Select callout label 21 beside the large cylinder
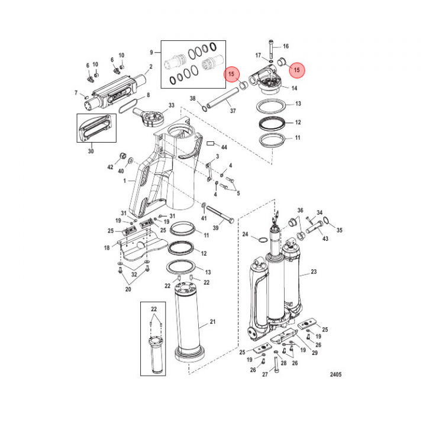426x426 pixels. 213,324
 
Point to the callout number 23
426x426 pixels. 314,272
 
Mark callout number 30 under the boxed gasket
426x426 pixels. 91,151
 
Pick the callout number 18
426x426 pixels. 106,248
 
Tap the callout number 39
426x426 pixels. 215,228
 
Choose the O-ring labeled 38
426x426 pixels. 203,108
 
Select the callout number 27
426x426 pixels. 264,375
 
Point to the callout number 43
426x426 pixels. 325,238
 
